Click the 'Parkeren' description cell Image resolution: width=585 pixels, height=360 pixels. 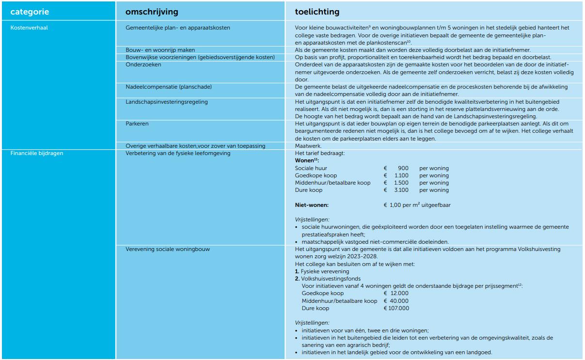137,124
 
